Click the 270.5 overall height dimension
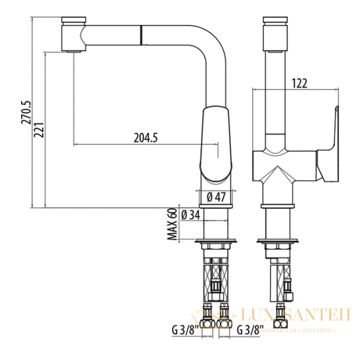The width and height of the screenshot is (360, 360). click(25, 112)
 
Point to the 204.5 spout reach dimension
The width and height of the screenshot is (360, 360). click(145, 137)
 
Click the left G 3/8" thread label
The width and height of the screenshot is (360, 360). click(184, 329)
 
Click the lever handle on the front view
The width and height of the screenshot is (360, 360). click(330, 144)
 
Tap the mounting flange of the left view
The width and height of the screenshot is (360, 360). click(216, 243)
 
